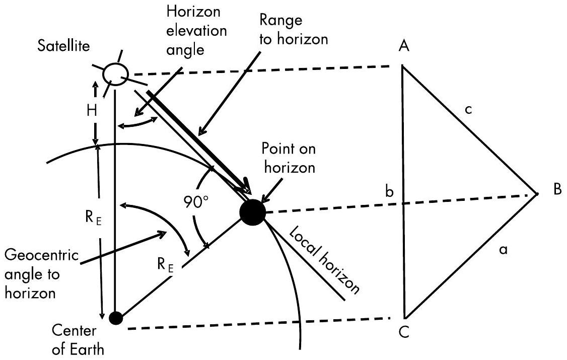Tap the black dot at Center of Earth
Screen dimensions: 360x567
tap(116, 318)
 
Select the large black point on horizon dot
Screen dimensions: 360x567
tap(252, 212)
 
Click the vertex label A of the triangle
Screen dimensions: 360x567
tap(403, 47)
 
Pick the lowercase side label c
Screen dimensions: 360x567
tap(468, 109)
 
